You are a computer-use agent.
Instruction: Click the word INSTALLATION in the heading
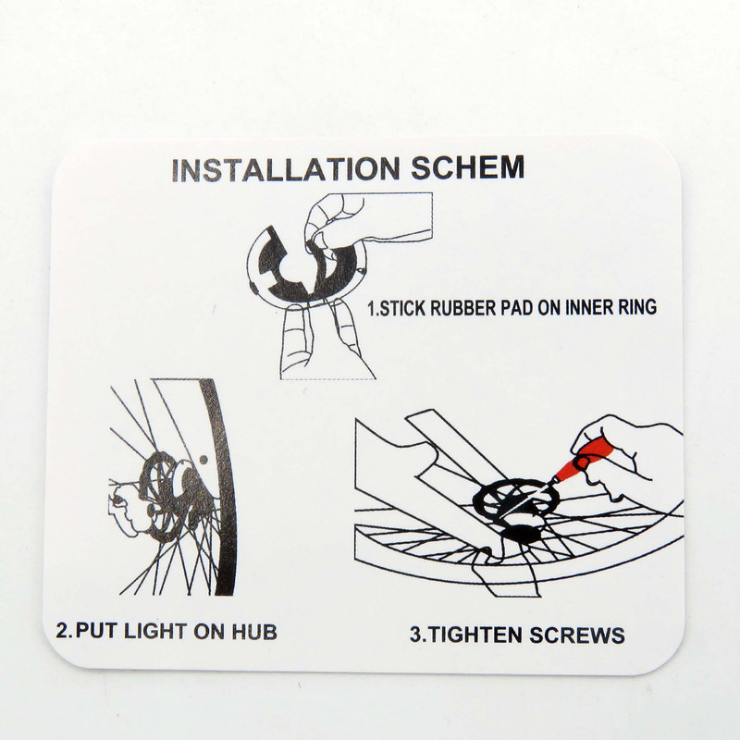click(x=285, y=169)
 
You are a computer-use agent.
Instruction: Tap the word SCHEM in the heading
click(x=468, y=167)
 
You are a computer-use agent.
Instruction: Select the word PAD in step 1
click(x=518, y=308)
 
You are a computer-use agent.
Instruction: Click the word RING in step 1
click(x=637, y=307)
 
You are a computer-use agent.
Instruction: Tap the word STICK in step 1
click(x=403, y=308)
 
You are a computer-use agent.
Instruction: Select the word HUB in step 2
click(x=254, y=632)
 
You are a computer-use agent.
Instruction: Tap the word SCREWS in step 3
click(x=576, y=635)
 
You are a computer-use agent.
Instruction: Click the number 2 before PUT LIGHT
click(x=62, y=631)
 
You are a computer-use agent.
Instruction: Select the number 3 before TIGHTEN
click(x=415, y=635)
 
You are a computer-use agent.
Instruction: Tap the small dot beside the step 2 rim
click(x=203, y=459)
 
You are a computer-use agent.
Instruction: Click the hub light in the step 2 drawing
click(x=167, y=496)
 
